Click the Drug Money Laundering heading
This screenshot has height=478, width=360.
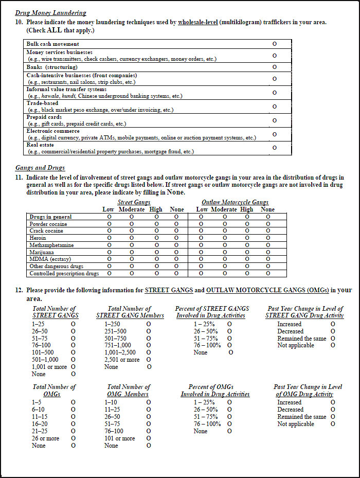51,13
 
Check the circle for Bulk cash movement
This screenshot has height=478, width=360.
274,44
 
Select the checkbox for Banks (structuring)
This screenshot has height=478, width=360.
274,67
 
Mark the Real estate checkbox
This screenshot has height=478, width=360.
274,148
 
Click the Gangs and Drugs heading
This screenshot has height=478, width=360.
40,168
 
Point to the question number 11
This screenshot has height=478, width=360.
19,178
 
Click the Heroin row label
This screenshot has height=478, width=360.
38,238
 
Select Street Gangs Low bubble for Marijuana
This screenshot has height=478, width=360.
109,252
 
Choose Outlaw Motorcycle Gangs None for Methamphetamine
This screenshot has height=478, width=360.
268,245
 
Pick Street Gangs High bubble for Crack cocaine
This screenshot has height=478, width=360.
156,231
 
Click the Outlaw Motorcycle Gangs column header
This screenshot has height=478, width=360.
235,202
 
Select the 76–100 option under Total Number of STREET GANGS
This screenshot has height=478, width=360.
73,345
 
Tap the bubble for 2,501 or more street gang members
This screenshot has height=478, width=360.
149,360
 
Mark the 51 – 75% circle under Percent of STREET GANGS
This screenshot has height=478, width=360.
229,339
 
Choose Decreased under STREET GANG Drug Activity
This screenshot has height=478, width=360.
333,331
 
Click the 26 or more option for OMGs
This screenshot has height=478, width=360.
73,438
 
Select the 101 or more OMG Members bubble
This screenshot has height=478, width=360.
149,438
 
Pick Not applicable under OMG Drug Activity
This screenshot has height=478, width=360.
333,424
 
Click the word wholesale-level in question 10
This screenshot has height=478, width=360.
199,23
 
